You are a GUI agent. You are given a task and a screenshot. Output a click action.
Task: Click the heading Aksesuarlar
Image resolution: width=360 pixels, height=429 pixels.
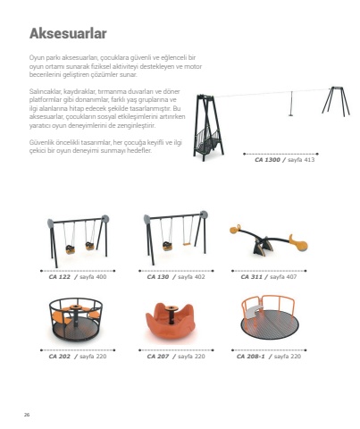(x=68, y=33)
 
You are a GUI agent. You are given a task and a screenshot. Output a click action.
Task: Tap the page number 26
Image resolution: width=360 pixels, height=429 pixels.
(x=27, y=415)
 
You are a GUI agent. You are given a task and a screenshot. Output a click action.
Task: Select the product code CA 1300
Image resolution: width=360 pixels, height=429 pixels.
(x=267, y=160)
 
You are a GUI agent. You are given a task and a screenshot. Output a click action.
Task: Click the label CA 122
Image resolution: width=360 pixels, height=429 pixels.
(x=60, y=277)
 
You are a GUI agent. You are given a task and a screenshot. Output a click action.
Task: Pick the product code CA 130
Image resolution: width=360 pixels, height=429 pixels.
(x=158, y=277)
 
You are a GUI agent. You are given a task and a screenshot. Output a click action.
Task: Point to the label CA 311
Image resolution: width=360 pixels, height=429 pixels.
(x=252, y=277)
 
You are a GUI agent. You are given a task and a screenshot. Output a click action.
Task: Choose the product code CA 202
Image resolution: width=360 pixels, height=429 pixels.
(x=60, y=357)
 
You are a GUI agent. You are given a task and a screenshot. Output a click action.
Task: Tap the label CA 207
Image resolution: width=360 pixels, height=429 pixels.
(x=158, y=357)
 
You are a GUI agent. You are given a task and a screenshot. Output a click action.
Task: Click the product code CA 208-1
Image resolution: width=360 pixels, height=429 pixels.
(x=250, y=357)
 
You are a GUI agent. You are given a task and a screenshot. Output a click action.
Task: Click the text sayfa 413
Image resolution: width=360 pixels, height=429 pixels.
(x=301, y=160)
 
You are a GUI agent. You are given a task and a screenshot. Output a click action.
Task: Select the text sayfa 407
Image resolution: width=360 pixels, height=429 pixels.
(x=283, y=277)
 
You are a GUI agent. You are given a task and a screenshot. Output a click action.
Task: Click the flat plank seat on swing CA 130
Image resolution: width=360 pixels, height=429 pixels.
(x=187, y=244)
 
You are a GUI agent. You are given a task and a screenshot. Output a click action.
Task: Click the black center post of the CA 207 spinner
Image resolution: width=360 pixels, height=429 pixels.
(x=172, y=315)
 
